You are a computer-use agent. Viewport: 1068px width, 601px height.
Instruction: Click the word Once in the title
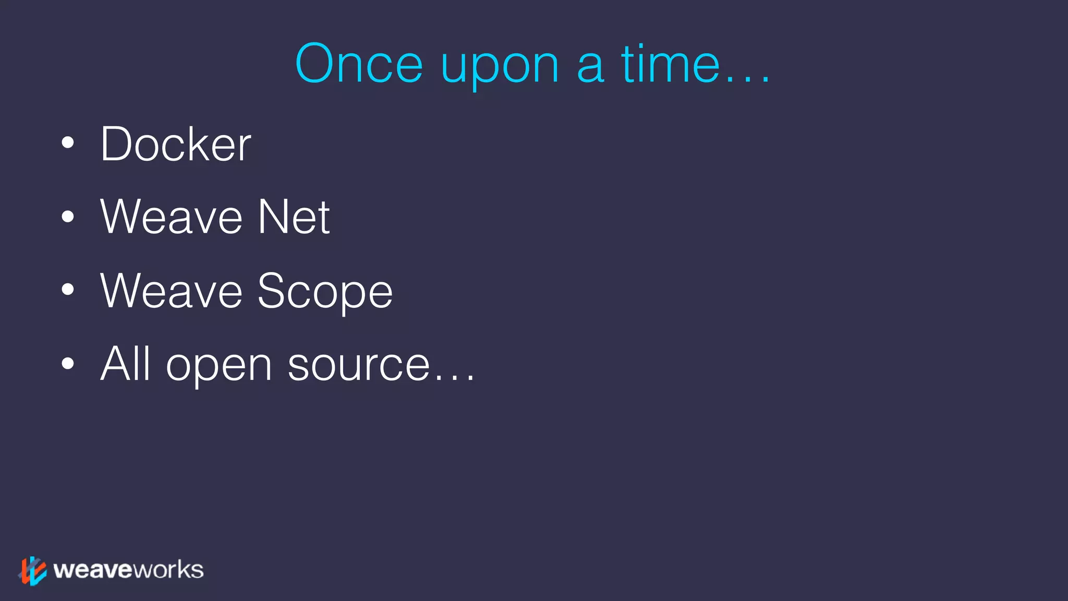[359, 64]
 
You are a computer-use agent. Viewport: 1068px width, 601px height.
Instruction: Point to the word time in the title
[671, 64]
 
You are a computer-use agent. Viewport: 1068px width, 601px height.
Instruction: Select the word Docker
[176, 144]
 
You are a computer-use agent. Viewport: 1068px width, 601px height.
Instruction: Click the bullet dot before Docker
[68, 143]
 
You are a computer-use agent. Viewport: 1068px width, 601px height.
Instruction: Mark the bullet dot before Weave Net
[68, 216]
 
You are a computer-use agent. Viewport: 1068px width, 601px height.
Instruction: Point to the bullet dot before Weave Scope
[68, 290]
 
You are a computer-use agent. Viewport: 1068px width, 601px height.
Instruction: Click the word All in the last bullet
[125, 364]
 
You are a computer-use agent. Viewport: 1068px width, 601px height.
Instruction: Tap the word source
[359, 365]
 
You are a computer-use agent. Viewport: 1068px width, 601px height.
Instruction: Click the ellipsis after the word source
[454, 378]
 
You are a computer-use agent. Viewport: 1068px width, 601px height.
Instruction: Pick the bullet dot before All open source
[68, 363]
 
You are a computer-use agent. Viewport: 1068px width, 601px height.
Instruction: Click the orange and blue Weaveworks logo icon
[33, 571]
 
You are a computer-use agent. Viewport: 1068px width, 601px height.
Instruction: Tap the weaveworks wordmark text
[128, 570]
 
